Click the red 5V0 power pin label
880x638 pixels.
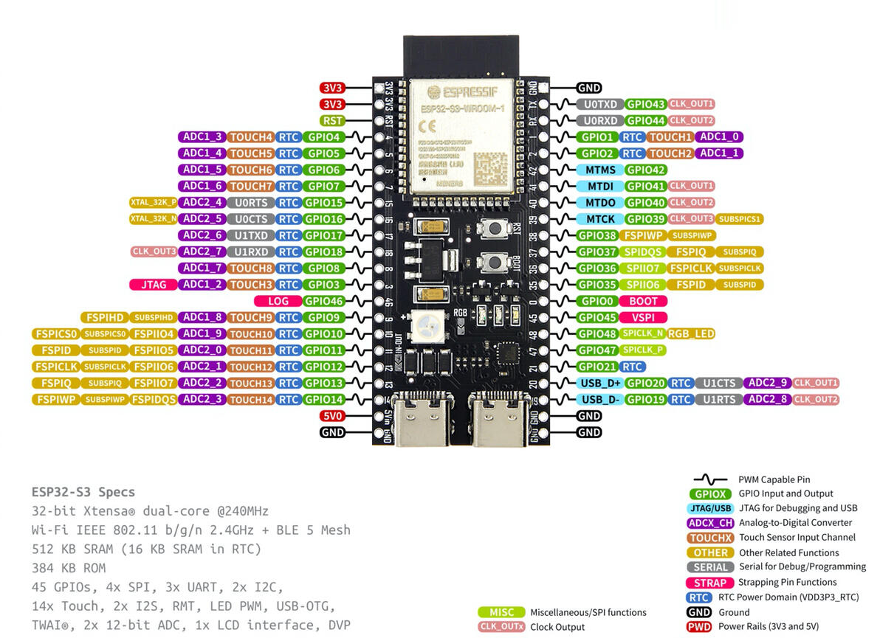tap(332, 416)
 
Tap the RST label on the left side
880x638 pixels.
tap(332, 120)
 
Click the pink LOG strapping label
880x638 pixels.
tap(278, 301)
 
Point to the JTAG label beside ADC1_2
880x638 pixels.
tap(152, 285)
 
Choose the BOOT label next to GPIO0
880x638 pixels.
tap(643, 301)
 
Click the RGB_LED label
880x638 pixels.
tap(692, 333)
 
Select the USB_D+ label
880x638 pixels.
tap(601, 383)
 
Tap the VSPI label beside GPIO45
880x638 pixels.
tap(643, 317)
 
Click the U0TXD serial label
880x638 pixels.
tap(599, 104)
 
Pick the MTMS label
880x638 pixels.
tap(599, 170)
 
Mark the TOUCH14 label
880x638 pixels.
tap(251, 399)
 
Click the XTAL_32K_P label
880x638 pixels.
tap(154, 202)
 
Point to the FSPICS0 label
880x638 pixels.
tap(55, 333)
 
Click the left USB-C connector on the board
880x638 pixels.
tap(421, 420)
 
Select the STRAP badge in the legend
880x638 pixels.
tap(709, 583)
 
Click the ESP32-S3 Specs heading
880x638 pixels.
tap(83, 492)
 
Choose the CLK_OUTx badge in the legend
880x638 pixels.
tap(501, 627)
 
